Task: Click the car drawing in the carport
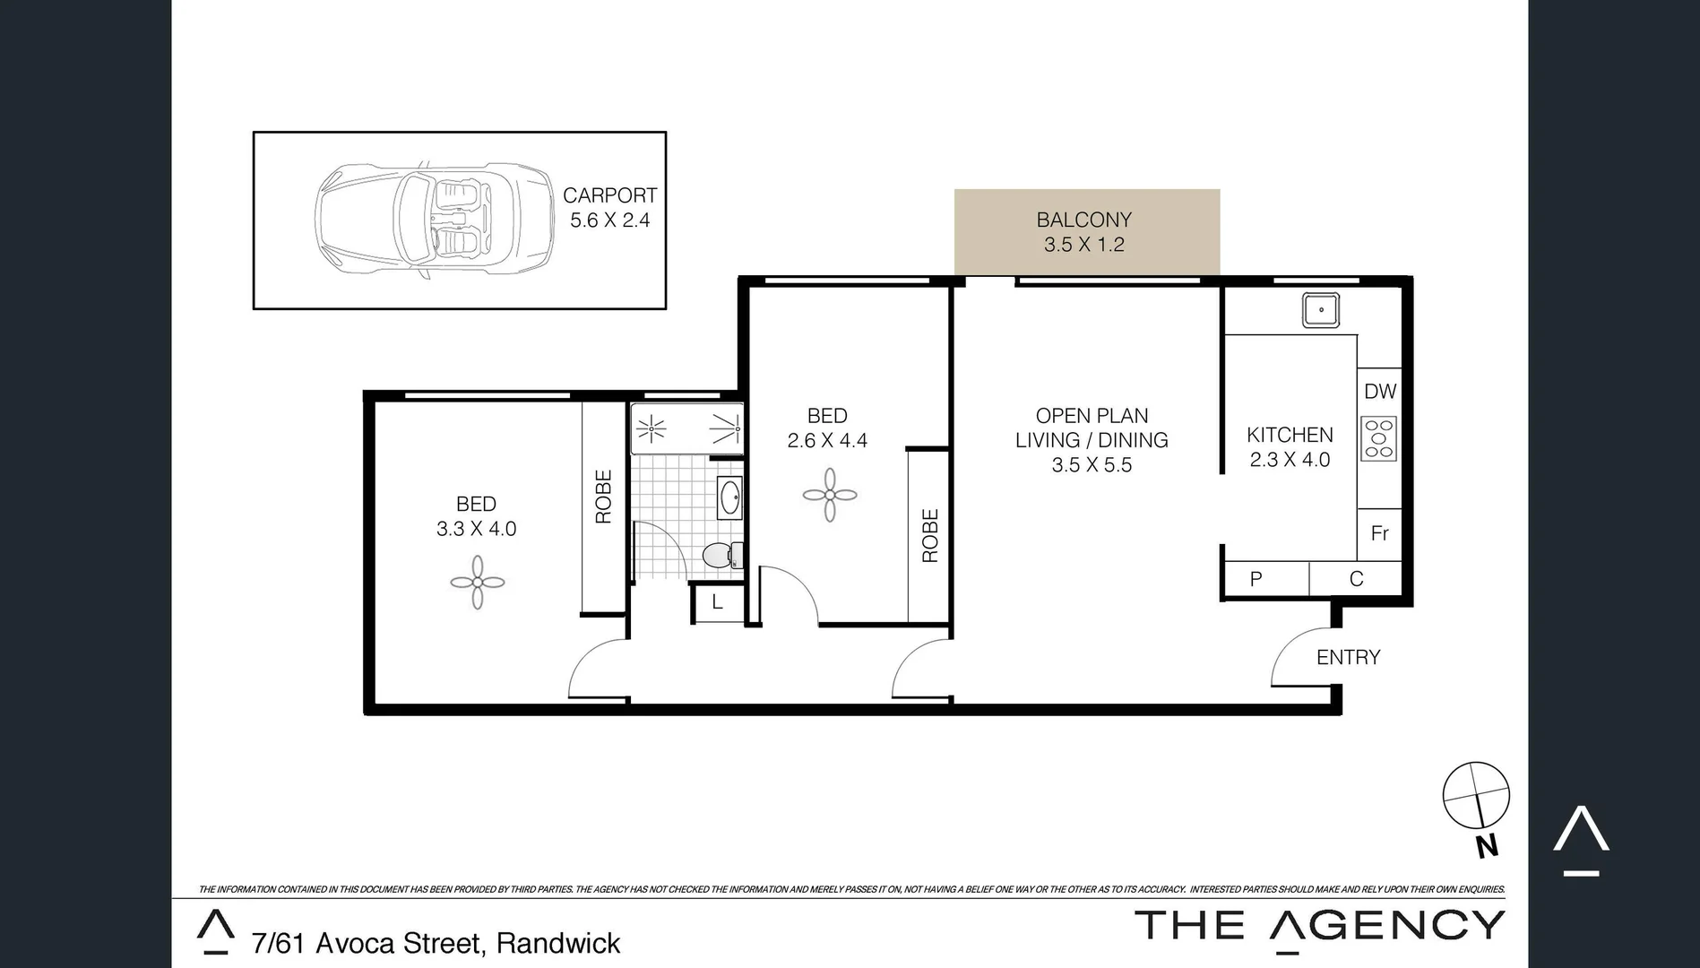pos(435,220)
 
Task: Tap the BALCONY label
pos(1083,220)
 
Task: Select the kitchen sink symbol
pos(1320,311)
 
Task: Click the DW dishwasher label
pos(1380,392)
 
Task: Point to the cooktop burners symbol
pos(1379,438)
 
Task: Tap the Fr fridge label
pos(1379,534)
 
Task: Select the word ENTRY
pos(1348,658)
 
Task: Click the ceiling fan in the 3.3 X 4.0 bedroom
pos(477,583)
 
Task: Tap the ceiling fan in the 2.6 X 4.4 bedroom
pos(829,495)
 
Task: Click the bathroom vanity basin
pos(729,497)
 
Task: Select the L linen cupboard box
pos(717,603)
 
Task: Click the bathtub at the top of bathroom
pos(686,429)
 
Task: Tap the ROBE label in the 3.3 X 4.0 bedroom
pos(603,497)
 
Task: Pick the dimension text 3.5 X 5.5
pos(1092,465)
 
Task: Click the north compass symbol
pos(1475,796)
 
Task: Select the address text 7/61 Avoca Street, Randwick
pos(436,944)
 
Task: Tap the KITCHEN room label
pos(1290,436)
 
